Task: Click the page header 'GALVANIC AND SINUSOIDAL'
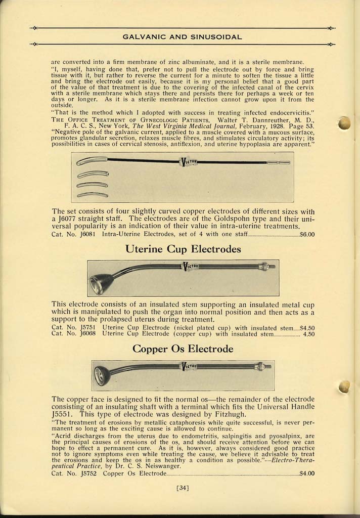(x=183, y=36)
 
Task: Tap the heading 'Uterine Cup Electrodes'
(x=183, y=249)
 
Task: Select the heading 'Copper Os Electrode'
(x=183, y=349)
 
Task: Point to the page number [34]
(x=183, y=488)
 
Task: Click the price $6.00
(x=307, y=234)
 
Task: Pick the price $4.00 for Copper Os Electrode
(x=307, y=474)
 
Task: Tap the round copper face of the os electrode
(x=102, y=375)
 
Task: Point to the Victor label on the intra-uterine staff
(x=188, y=162)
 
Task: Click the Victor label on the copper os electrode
(x=188, y=366)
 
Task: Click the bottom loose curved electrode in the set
(x=92, y=195)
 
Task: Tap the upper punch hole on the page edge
(x=345, y=123)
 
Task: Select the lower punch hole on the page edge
(x=344, y=387)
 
